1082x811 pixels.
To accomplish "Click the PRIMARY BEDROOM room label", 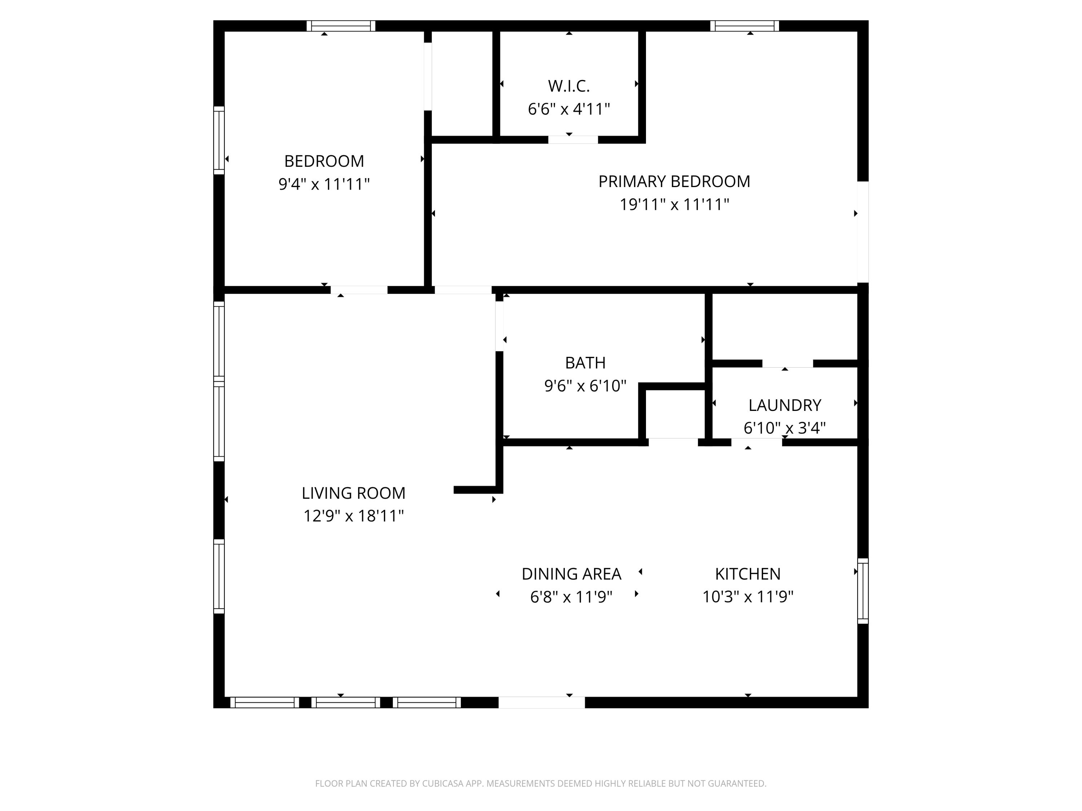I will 674,181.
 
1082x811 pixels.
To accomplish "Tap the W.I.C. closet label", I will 568,86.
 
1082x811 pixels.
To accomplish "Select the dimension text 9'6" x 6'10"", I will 585,386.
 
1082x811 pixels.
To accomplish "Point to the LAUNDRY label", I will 784,405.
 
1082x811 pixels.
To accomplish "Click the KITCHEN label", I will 747,573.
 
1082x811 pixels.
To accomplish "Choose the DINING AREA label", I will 571,573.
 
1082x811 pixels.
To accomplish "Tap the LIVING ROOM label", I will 353,493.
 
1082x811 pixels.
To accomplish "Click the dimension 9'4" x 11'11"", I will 324,184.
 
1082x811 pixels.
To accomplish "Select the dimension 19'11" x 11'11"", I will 674,204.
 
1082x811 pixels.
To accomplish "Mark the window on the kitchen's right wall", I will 863,590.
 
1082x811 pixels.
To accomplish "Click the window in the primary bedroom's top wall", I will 744,26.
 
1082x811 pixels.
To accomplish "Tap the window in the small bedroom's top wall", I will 341,26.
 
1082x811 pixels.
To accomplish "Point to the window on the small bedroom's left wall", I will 219,140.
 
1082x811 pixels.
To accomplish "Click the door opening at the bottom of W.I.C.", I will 573,140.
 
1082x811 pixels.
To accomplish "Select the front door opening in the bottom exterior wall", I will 541,702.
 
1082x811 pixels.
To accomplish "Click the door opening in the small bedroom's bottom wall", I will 359,290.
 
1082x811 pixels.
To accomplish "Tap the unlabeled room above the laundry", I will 784,327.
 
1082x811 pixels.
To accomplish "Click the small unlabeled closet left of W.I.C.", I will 462,83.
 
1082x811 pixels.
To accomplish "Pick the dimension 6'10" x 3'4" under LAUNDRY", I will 784,428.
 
